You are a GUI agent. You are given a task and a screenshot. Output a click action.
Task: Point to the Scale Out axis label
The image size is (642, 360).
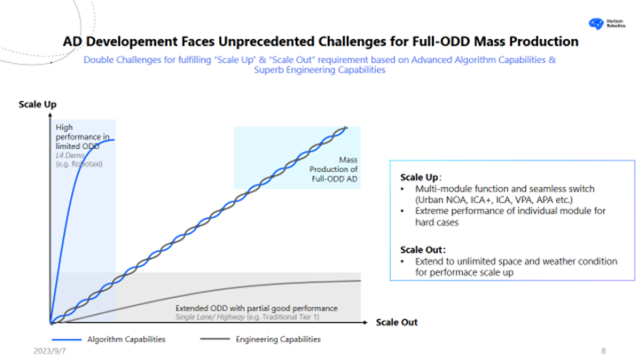click(x=397, y=321)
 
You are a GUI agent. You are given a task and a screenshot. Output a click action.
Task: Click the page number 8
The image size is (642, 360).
click(x=603, y=351)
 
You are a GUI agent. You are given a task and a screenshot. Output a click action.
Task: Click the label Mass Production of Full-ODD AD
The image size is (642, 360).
click(x=334, y=168)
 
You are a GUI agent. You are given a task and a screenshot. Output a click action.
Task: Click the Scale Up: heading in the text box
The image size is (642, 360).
click(x=421, y=177)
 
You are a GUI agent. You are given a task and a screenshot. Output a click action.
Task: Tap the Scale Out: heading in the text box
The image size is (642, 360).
click(x=423, y=250)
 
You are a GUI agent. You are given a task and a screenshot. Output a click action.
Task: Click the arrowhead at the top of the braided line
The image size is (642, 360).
click(x=346, y=128)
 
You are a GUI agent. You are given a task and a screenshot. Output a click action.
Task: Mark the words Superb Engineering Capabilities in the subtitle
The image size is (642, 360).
click(x=319, y=70)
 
